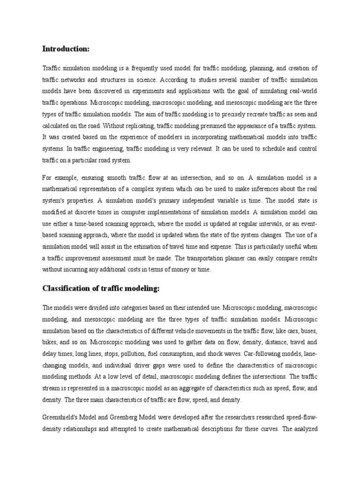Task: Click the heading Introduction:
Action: pos(66,49)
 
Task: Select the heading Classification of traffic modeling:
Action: pos(101,288)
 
